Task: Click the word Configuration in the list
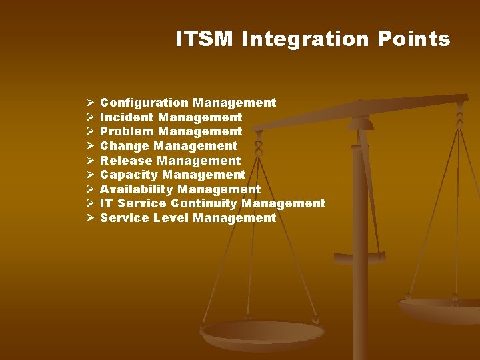(144, 103)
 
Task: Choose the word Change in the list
(125, 146)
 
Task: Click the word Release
(126, 161)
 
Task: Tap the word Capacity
(129, 175)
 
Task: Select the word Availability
(136, 189)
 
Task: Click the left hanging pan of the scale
(263, 333)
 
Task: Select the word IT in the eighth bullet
(107, 203)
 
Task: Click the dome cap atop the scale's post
(361, 123)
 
